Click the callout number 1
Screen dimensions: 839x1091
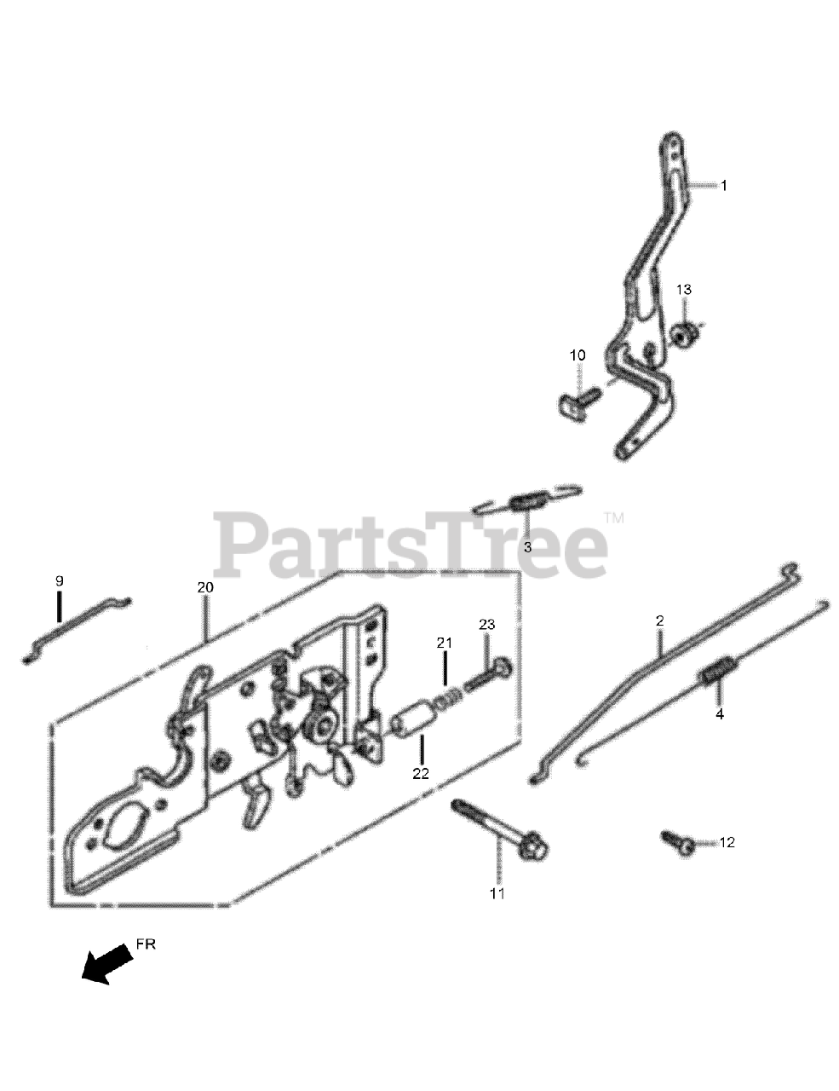[x=724, y=185]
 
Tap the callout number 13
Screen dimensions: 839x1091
[x=684, y=290]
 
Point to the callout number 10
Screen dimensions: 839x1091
[x=578, y=355]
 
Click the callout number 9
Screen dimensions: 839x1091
[x=60, y=580]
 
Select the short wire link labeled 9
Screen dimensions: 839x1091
[x=77, y=627]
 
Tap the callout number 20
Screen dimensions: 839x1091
[x=204, y=588]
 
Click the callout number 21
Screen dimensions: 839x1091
[x=444, y=643]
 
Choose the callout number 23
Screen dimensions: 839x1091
[x=486, y=625]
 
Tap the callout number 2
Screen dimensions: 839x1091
[x=659, y=621]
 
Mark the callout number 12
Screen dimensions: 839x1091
[x=726, y=843]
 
